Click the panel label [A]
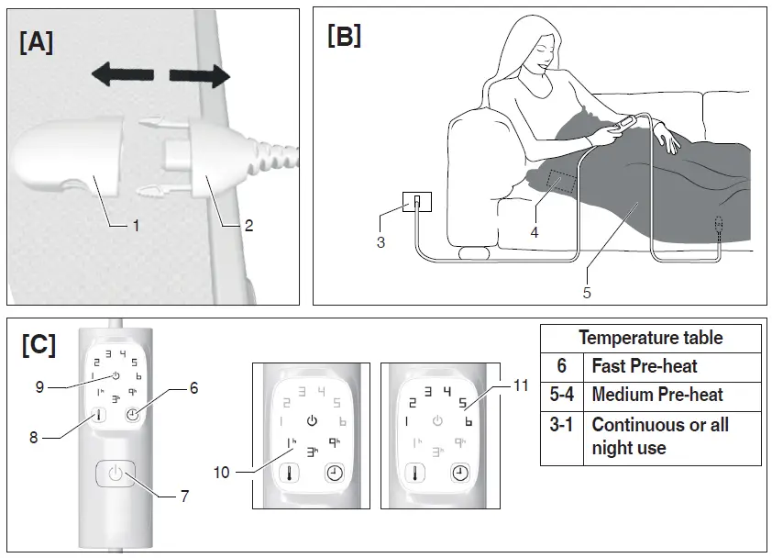36,42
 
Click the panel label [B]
344,36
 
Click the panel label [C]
39,344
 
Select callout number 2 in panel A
248,224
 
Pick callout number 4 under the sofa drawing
534,233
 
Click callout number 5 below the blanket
587,293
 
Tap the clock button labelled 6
134,415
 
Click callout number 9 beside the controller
39,385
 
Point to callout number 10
225,473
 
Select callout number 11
521,385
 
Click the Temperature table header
650,338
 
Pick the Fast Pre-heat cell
645,366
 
